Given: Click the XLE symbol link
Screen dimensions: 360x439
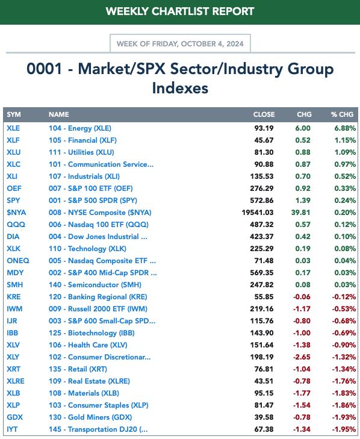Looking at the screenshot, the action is pos(13,128).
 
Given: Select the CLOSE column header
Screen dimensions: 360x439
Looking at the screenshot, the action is pos(264,114).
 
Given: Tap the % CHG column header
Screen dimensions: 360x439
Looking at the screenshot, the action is pos(342,114).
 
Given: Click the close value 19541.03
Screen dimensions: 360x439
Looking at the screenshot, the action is pos(258,213).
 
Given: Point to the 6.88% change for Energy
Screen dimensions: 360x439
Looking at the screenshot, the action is pos(345,128).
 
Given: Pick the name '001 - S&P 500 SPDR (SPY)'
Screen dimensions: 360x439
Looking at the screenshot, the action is pos(93,201).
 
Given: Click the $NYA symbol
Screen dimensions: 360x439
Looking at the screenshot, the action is pos(16,213).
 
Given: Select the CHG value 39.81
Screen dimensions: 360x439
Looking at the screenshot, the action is pos(300,213).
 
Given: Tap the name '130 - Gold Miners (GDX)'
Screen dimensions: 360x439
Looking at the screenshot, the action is pos(90,417).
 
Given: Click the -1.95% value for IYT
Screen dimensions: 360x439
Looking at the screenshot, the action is pos(344,429).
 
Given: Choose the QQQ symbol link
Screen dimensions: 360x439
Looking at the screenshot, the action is pos(16,225).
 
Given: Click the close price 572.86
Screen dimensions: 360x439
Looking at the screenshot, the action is pos(262,201).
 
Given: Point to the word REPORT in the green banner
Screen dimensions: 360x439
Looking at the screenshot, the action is pos(233,11).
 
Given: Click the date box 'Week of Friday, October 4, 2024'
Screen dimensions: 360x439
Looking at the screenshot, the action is pos(180,44).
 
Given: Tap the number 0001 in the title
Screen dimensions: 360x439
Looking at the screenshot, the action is pos(44,69).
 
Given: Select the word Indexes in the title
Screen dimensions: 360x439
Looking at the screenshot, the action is pos(180,88).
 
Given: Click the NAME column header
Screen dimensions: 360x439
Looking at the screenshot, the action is pos(59,114).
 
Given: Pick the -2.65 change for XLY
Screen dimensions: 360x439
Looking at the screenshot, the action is pos(302,357).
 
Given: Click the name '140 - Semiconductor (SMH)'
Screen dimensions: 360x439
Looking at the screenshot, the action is pos(95,285).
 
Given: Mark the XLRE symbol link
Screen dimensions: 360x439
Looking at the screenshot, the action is pos(16,381).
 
